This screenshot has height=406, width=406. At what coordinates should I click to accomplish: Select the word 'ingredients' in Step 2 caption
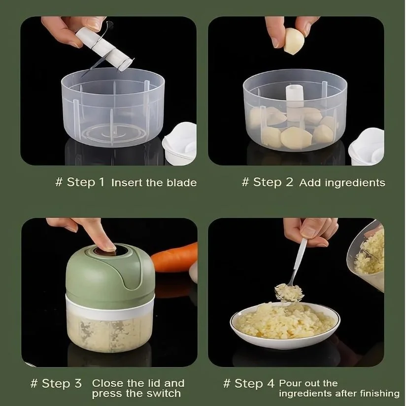(356, 183)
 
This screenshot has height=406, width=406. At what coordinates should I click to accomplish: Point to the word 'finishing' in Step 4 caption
(375, 394)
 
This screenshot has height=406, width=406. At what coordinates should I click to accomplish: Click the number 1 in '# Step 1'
(101, 182)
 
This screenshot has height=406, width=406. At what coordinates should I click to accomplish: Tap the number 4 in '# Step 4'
(270, 383)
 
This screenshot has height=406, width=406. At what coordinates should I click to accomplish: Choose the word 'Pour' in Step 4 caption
(290, 383)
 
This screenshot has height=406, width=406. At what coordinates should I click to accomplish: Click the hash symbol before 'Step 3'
(34, 383)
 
